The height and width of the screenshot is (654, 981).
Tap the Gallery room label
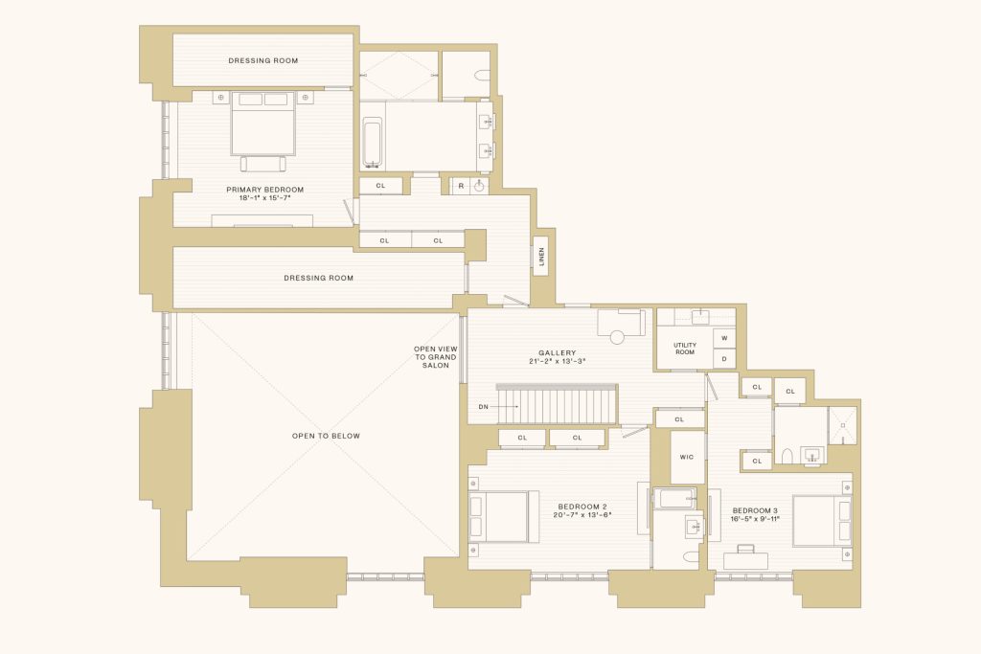(557, 352)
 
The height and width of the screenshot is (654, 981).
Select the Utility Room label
(684, 349)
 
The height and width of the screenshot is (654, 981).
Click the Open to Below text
(326, 436)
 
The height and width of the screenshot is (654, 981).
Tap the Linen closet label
(542, 257)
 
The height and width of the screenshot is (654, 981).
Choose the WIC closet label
(686, 457)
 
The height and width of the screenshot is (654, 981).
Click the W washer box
(724, 338)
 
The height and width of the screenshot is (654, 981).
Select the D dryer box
(724, 359)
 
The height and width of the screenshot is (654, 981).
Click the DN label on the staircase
(483, 407)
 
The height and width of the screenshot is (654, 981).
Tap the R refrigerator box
(461, 186)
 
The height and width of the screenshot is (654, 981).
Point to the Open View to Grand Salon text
(436, 357)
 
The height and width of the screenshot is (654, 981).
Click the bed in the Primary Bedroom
(262, 124)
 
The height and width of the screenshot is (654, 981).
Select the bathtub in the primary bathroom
(373, 144)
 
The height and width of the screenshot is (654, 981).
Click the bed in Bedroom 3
(822, 522)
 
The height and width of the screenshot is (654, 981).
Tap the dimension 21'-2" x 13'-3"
(557, 361)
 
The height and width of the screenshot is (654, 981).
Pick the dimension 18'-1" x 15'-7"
(264, 197)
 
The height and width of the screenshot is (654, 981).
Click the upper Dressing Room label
(262, 60)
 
